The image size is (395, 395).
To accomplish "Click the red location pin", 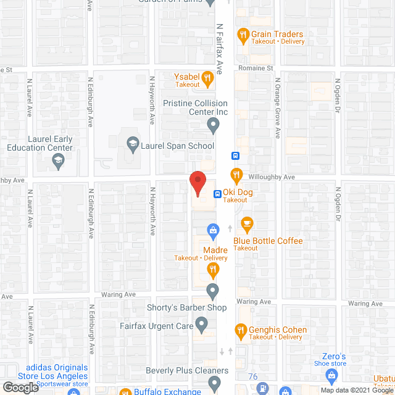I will point(197,182).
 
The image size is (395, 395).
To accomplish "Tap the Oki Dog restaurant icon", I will point(235,173).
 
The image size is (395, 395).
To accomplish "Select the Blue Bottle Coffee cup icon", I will point(247,223).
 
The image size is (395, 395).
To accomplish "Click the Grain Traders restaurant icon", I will point(243,35).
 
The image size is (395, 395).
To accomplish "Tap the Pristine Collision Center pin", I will point(213,126).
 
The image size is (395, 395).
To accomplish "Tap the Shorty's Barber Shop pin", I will point(212,290).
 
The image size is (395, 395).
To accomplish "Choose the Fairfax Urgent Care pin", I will point(201,323).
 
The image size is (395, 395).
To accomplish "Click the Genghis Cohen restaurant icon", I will point(241,330).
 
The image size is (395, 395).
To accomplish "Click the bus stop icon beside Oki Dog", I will point(218,193).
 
